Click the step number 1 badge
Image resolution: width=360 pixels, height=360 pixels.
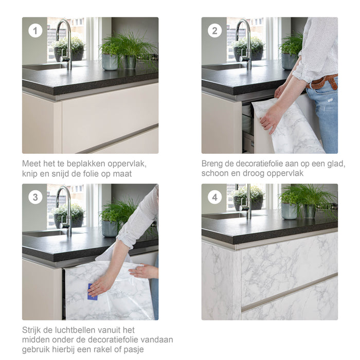pos(35,30)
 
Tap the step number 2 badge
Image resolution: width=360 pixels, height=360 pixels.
pos(214,30)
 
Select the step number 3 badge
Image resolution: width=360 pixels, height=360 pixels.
pos(35,197)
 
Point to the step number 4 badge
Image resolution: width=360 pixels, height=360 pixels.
pos(214,197)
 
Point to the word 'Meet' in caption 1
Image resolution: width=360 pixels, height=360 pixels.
pos(31,164)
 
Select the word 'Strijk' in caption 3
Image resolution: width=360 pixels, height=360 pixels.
pos(32,330)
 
